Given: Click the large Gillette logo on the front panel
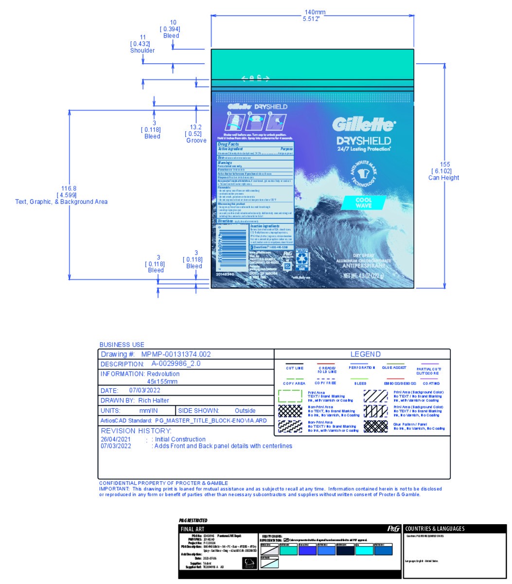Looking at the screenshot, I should click(x=363, y=125).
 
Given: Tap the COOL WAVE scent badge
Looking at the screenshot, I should click(x=364, y=202).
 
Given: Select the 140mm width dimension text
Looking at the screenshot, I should click(x=312, y=13).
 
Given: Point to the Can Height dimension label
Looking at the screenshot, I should click(x=443, y=178).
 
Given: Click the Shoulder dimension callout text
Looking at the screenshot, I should click(x=142, y=50).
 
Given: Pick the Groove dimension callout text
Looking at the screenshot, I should click(x=196, y=141).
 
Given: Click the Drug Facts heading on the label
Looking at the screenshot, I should click(x=229, y=145).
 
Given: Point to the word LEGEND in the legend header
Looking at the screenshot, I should click(x=365, y=354).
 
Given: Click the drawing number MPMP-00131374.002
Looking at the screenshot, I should click(x=176, y=354).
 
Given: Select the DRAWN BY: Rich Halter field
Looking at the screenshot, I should click(x=135, y=401).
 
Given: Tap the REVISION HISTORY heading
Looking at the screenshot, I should click(x=136, y=431).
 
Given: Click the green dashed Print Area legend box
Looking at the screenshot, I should click(x=290, y=396).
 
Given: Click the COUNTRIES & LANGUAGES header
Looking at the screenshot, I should click(x=435, y=529).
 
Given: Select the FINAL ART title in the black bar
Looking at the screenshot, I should click(x=193, y=529).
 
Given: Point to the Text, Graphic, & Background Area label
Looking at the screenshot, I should click(x=61, y=201).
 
